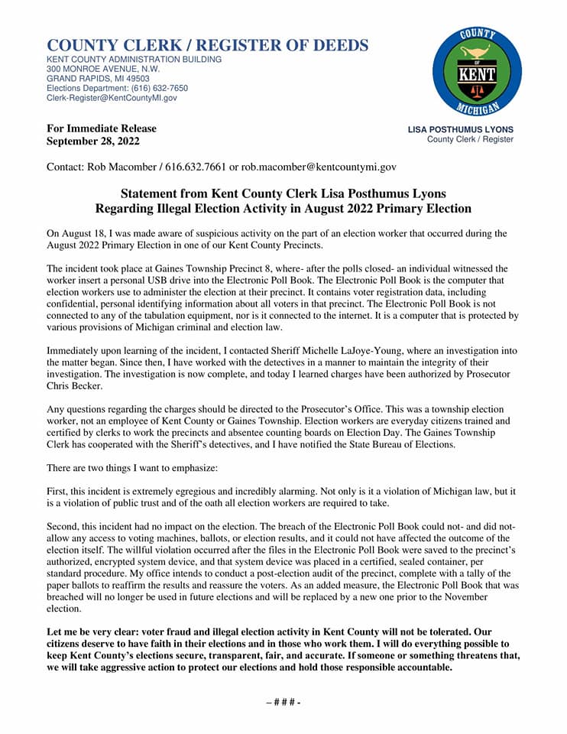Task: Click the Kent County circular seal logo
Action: pyautogui.click(x=477, y=71)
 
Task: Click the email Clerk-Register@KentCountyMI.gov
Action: pyautogui.click(x=112, y=98)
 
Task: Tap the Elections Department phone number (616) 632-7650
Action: pyautogui.click(x=160, y=88)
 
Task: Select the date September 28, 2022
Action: pyautogui.click(x=94, y=141)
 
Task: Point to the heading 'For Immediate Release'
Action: pyautogui.click(x=102, y=128)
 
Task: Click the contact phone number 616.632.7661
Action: pyautogui.click(x=178, y=166)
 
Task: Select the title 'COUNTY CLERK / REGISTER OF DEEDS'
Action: pyautogui.click(x=207, y=45)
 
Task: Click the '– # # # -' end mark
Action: pyautogui.click(x=283, y=702)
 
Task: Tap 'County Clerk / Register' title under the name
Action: pyautogui.click(x=470, y=139)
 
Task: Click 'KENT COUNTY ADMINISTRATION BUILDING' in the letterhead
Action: pyautogui.click(x=134, y=59)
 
